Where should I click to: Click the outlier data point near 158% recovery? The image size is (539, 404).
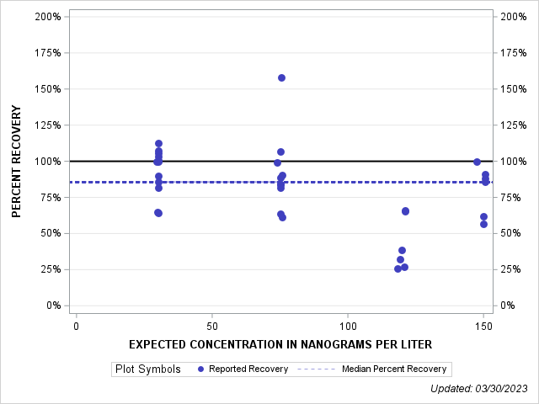pos(281,77)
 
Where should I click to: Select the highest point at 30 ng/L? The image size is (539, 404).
pos(158,143)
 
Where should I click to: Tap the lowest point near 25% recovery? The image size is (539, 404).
pos(398,268)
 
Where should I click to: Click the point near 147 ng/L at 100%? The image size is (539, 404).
pos(477,162)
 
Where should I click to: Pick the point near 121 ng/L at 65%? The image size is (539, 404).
pos(405,210)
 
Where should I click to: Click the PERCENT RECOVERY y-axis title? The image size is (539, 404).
pos(17,161)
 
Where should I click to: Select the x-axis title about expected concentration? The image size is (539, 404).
pos(280,344)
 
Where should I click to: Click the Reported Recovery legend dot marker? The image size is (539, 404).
pos(200,369)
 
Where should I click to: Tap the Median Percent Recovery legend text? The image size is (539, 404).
pos(394,369)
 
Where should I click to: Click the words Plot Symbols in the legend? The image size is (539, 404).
pos(148,369)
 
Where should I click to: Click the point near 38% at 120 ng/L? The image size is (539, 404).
pos(402,250)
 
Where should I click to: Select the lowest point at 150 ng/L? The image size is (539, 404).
pos(483,224)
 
